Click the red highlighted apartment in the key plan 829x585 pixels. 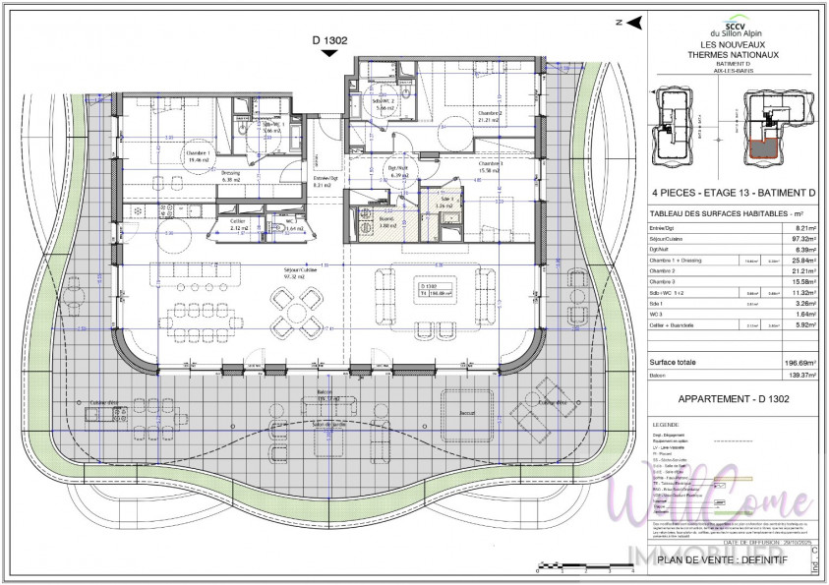point(761,148)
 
